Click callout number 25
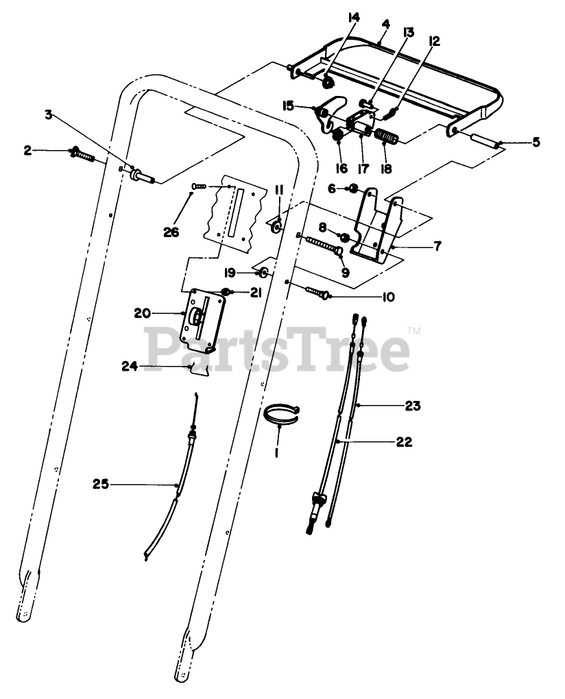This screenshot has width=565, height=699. pos(101,485)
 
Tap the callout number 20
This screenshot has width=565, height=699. pos(143,312)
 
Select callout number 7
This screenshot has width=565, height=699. pos(437,245)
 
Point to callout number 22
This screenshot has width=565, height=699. pos(404,442)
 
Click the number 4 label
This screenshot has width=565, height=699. pos(385,23)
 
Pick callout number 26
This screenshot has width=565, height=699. pos(171,232)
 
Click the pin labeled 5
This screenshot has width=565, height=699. pos(485,140)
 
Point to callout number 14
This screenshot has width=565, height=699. pos(353,16)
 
